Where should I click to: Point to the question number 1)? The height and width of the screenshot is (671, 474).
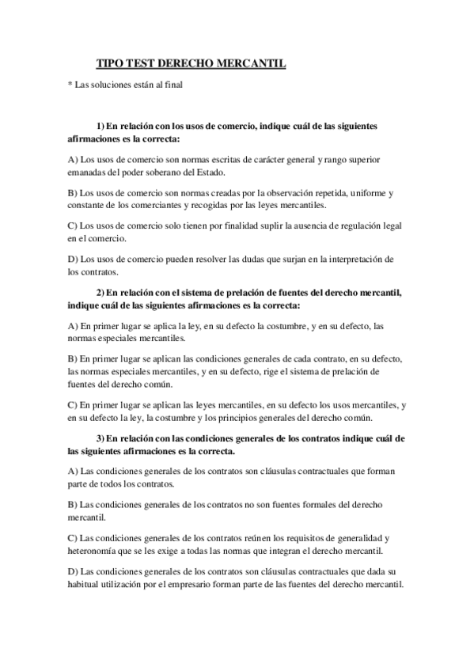click(101, 126)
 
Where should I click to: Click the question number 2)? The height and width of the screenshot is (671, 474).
click(101, 292)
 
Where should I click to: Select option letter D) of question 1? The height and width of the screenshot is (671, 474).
click(73, 260)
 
